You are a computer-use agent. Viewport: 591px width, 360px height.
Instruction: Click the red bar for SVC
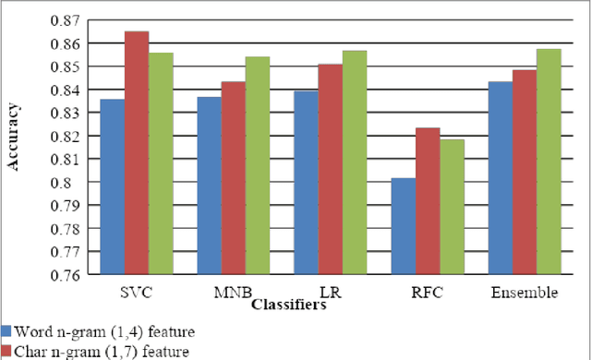click(137, 152)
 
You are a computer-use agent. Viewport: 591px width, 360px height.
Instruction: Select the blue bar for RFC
click(403, 226)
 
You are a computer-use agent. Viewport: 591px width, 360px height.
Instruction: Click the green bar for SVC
click(161, 163)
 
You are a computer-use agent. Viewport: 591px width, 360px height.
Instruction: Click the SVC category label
click(137, 292)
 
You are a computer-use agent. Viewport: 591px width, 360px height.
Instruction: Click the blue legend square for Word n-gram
click(6, 330)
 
